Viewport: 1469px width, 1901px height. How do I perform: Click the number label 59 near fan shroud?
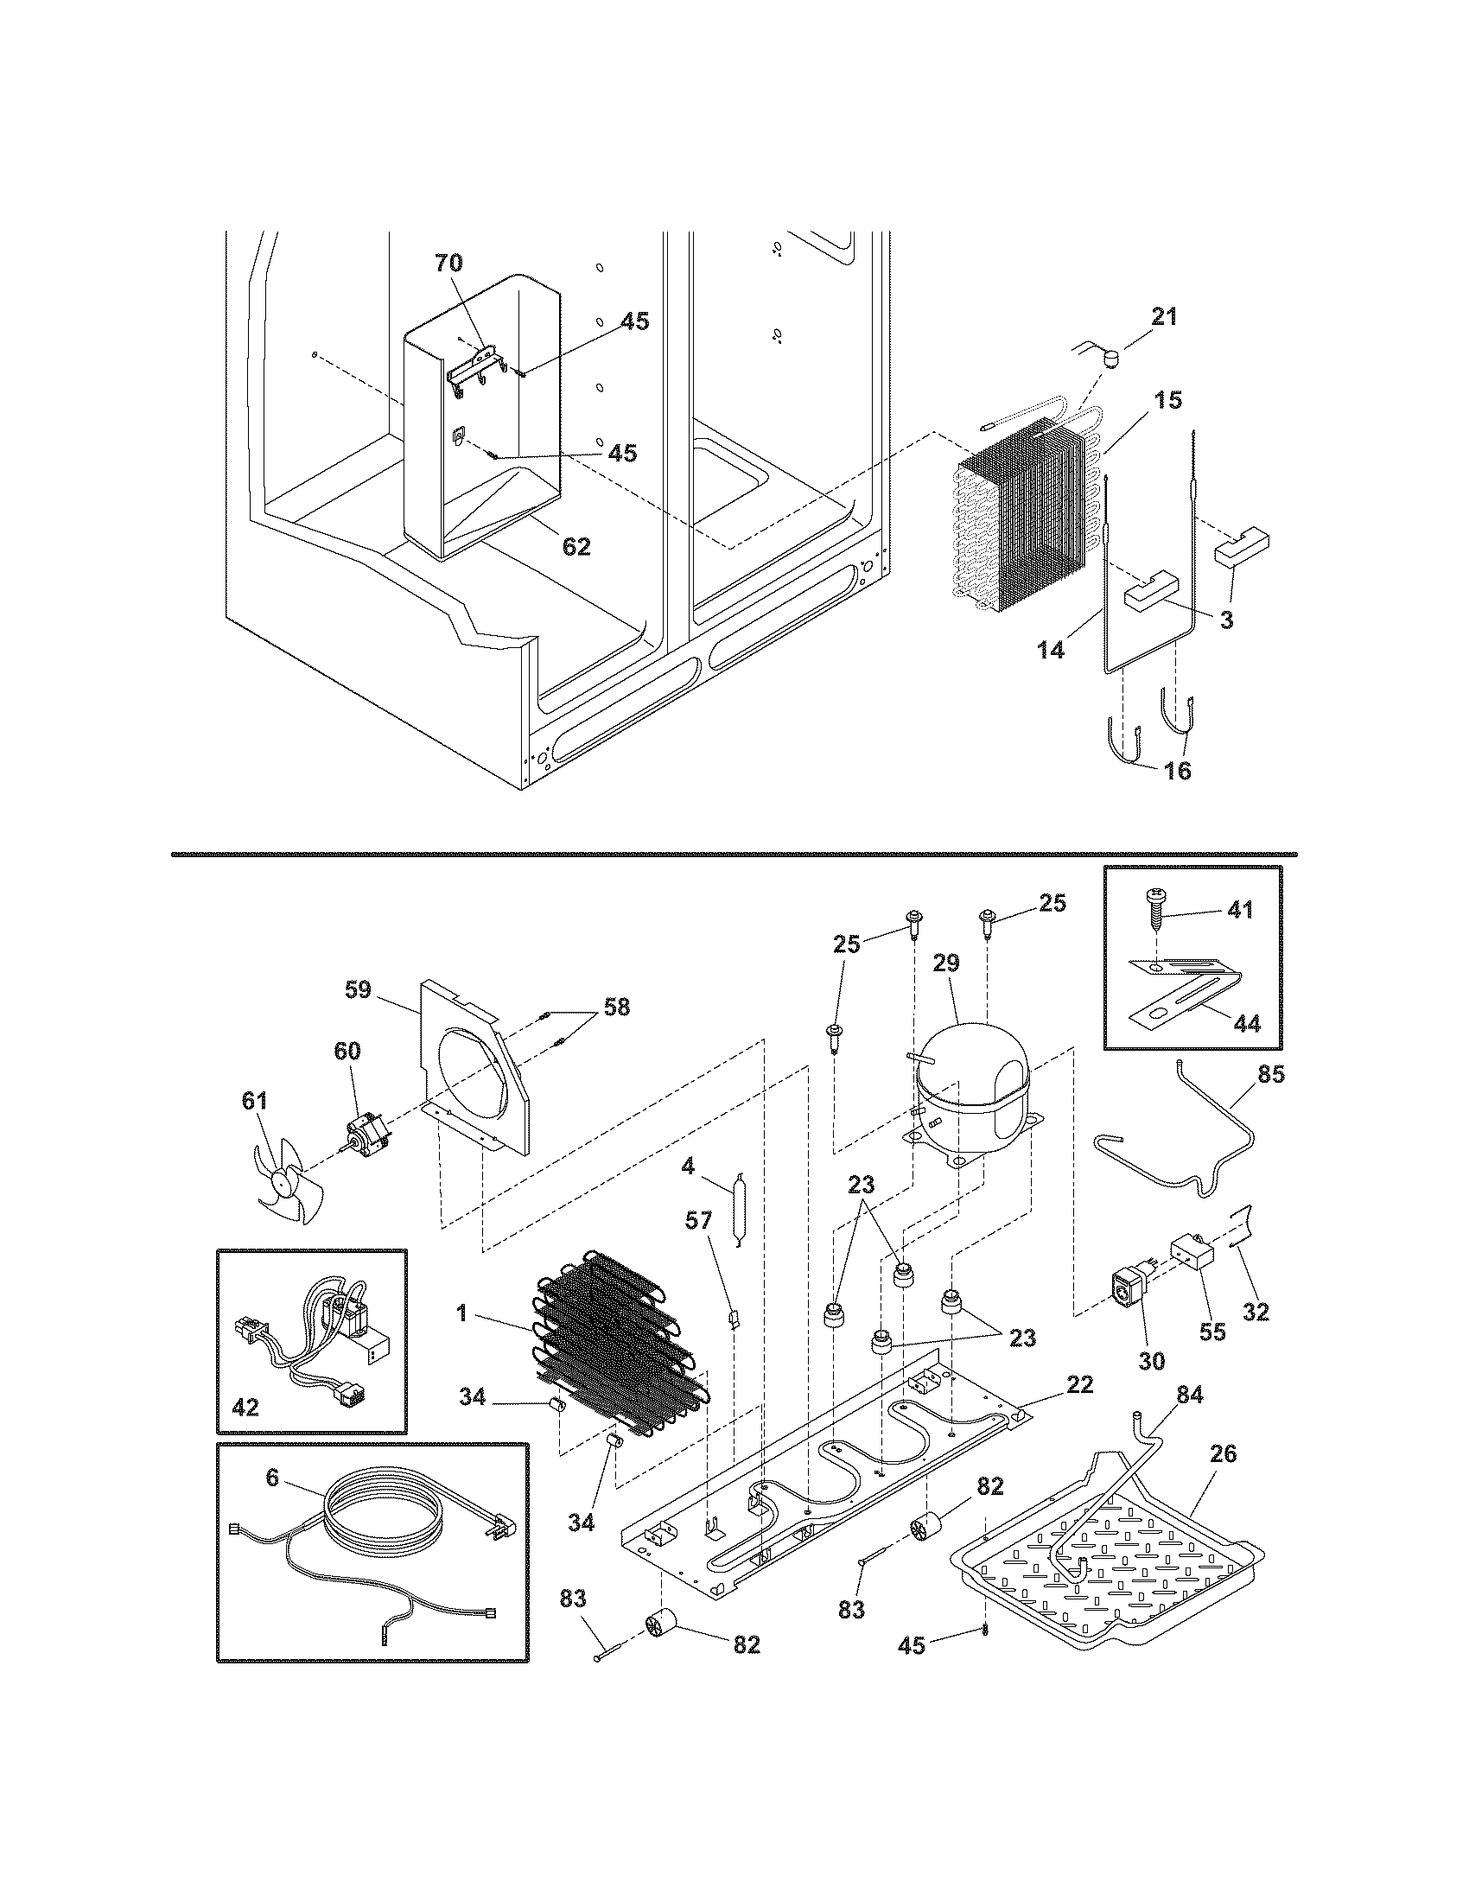(x=357, y=989)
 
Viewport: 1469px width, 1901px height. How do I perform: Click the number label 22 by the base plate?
(x=1079, y=1384)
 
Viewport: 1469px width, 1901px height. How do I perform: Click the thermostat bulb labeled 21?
(x=1110, y=357)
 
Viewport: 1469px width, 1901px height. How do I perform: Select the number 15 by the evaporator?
(x=1170, y=400)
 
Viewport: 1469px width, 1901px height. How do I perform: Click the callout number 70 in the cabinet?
(x=449, y=263)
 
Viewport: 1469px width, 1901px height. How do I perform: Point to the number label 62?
(x=576, y=547)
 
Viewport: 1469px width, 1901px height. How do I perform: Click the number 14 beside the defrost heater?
(x=1052, y=648)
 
